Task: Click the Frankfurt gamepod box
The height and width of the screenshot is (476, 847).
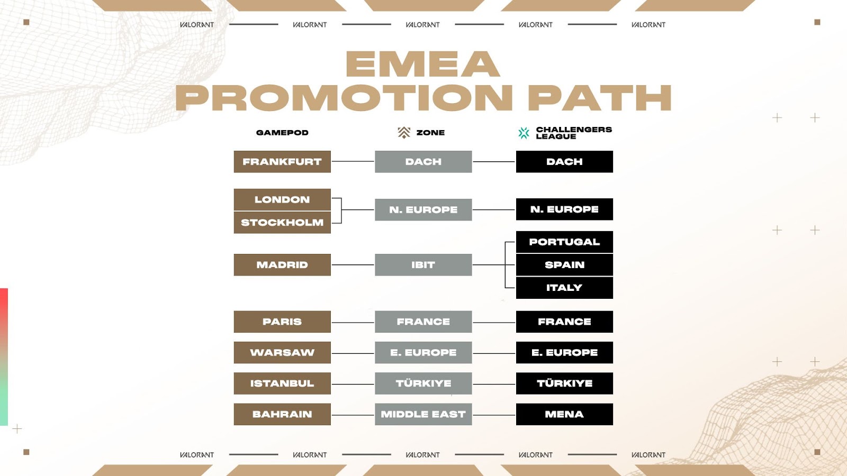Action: (282, 162)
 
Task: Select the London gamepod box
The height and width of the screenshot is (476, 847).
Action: (282, 199)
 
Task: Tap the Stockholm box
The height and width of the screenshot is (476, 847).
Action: (282, 223)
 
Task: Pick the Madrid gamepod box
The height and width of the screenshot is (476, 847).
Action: (282, 265)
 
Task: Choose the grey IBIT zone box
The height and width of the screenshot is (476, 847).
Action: (423, 265)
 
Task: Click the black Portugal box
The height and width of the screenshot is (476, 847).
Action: (564, 242)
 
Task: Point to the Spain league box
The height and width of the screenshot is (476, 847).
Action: (564, 265)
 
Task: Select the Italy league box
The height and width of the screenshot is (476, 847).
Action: (564, 288)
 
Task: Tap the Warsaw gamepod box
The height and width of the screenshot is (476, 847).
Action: (282, 352)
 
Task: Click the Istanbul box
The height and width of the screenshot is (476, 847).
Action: (282, 383)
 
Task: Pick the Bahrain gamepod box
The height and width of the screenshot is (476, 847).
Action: (282, 415)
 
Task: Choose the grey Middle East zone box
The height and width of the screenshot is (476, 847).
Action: (423, 415)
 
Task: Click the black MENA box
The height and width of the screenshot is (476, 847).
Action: (564, 415)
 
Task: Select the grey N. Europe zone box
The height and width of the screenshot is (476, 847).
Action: (423, 209)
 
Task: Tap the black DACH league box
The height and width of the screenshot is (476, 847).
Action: (564, 162)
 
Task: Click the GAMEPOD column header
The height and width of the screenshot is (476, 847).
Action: (282, 133)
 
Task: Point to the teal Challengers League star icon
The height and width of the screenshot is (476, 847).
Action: (524, 133)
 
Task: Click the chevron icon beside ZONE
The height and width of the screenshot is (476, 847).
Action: (404, 133)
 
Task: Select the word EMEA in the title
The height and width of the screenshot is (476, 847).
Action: (423, 64)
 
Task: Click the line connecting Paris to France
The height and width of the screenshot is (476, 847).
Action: (353, 323)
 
